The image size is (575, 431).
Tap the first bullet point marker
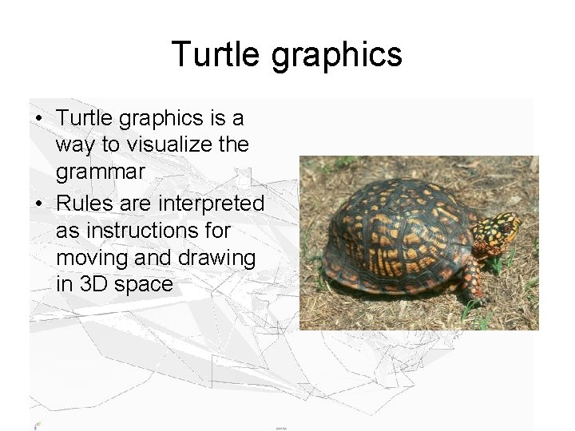tap(39, 119)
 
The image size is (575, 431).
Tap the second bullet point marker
tap(39, 204)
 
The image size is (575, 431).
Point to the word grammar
tap(100, 172)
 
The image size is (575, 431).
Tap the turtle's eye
tap(506, 227)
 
